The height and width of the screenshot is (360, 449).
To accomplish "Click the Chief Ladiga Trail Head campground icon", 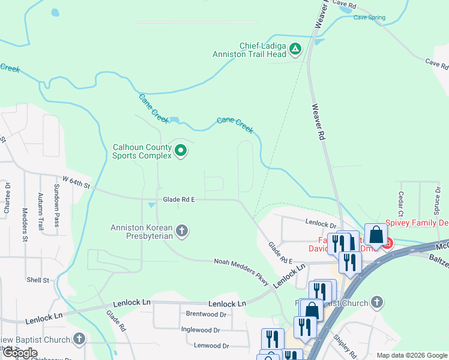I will click(x=295, y=49).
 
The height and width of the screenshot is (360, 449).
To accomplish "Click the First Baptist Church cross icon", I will click(x=376, y=302).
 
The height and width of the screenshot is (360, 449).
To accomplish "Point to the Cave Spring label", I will click(x=369, y=17).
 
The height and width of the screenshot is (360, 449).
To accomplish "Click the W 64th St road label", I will click(x=76, y=181).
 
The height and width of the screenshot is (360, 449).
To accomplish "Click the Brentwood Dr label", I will click(x=206, y=314).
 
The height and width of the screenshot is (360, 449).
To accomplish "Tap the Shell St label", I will click(x=37, y=280).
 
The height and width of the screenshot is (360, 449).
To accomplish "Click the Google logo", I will click(x=20, y=353).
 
